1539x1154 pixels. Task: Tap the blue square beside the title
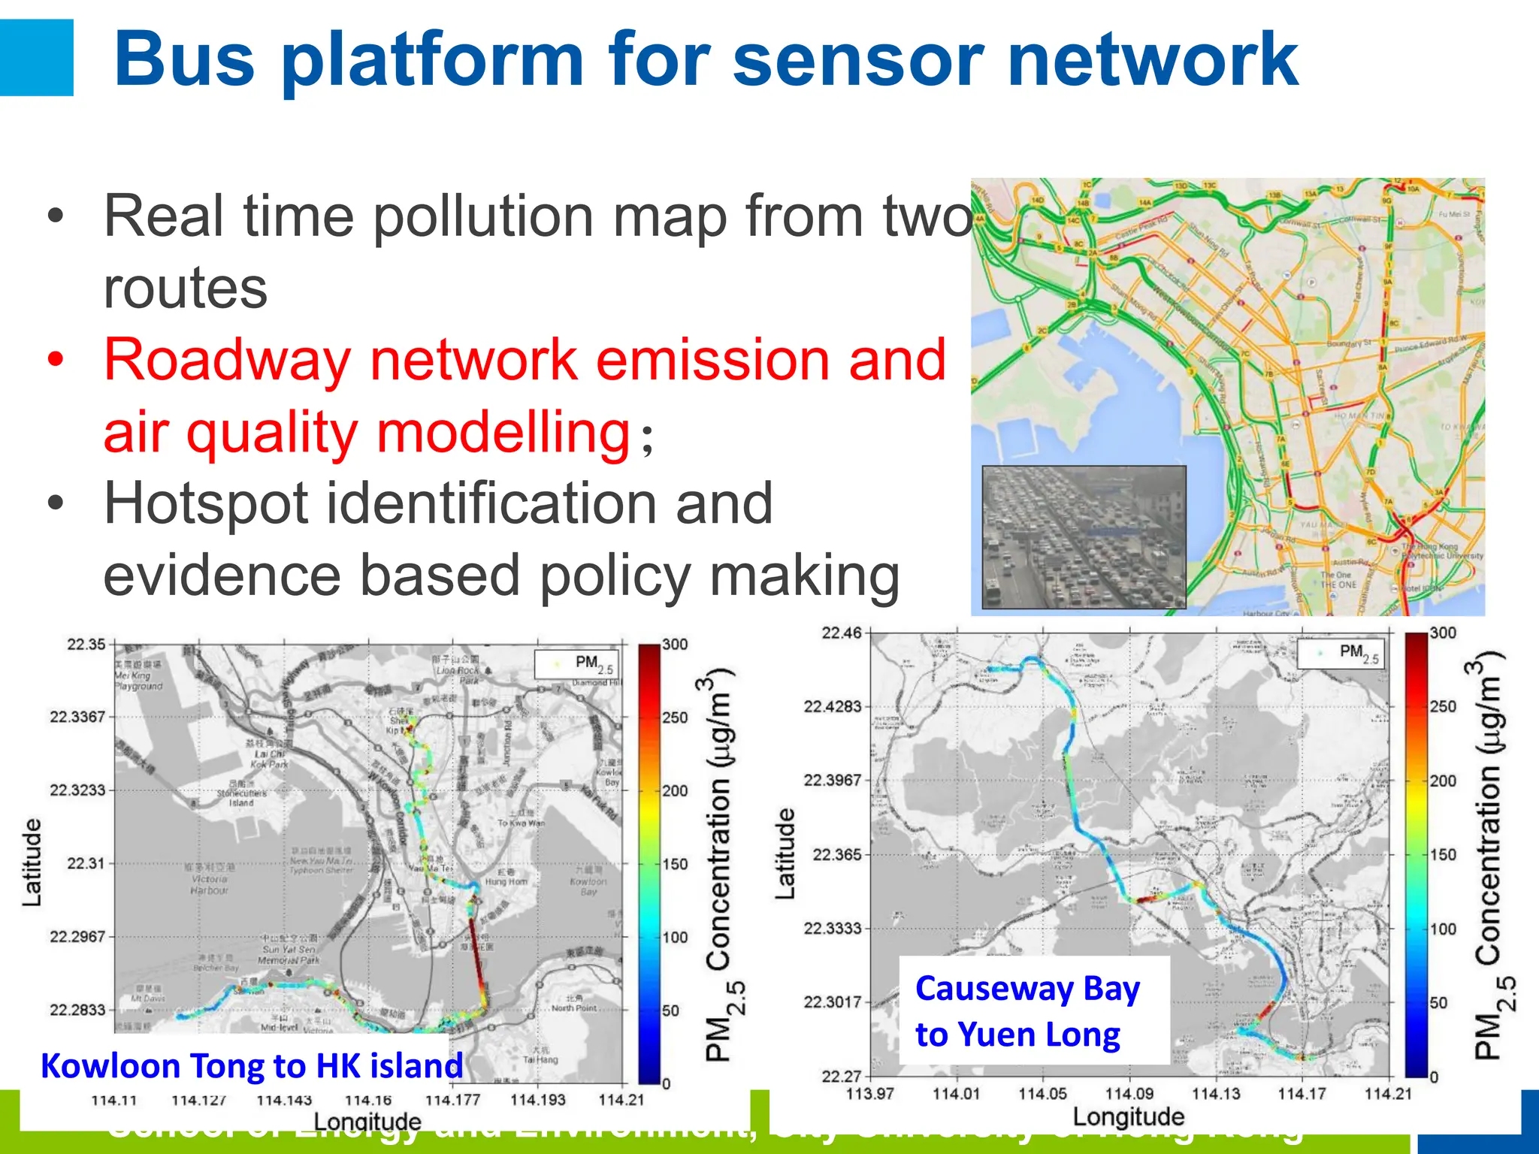[x=36, y=58]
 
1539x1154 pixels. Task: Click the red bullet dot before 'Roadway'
[x=55, y=360]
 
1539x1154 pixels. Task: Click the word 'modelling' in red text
[x=502, y=433]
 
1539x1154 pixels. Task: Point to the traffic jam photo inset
[x=1084, y=537]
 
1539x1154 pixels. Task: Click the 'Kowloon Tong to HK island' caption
[x=252, y=1066]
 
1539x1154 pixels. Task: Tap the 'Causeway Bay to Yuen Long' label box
[x=1033, y=1011]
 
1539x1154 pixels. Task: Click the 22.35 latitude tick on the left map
[x=86, y=645]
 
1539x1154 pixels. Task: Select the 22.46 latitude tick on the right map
[x=841, y=633]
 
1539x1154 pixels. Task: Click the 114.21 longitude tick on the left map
[x=621, y=1100]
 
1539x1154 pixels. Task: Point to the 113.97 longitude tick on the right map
[x=869, y=1094]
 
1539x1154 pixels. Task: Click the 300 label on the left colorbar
[x=675, y=645]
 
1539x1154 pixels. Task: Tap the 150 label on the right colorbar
[x=1443, y=854]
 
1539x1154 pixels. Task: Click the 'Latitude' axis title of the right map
[x=785, y=854]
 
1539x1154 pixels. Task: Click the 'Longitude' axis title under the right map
[x=1128, y=1117]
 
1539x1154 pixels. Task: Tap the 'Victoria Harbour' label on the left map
[x=209, y=884]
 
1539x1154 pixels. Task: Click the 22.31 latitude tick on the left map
[x=86, y=863]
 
